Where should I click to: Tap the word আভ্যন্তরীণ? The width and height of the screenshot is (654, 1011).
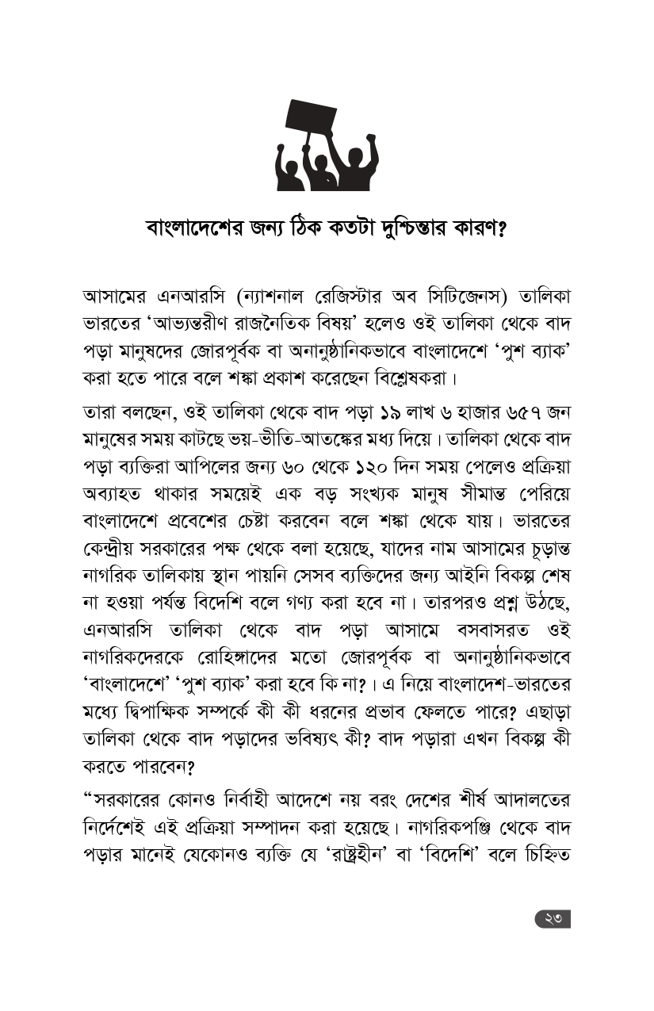click(x=200, y=325)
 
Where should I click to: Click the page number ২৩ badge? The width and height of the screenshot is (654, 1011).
click(x=553, y=919)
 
